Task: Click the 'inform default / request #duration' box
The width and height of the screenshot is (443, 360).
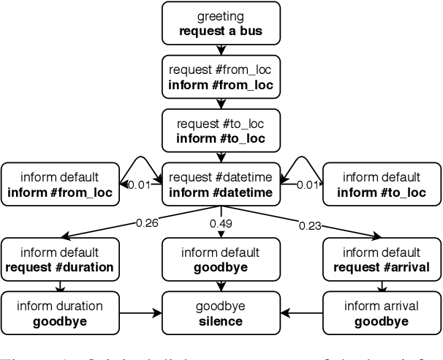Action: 60,258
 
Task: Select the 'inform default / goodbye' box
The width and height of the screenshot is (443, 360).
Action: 221,258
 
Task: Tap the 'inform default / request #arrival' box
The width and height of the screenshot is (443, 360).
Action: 382,258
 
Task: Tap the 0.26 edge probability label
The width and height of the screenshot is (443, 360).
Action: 147,222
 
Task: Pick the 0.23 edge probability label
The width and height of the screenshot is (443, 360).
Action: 310,225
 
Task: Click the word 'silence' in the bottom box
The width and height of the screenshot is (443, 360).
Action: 221,320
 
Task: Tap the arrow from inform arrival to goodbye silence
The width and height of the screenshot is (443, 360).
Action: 302,312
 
